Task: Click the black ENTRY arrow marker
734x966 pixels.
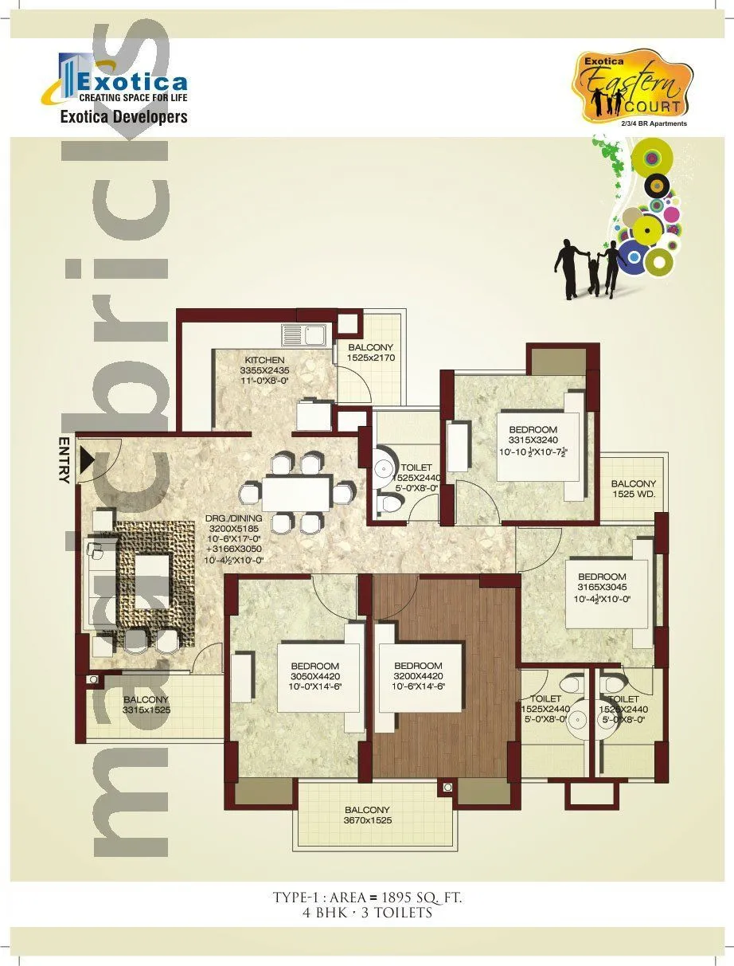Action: (86, 460)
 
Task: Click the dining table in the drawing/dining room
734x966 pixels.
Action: (295, 493)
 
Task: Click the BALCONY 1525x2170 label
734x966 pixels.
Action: (370, 353)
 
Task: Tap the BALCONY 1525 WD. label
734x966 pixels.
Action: (634, 489)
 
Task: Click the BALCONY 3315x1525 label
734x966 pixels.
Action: (146, 705)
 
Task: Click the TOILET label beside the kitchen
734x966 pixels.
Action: (416, 473)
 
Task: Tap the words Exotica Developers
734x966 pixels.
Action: (123, 117)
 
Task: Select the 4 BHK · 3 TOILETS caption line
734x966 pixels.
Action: (367, 913)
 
